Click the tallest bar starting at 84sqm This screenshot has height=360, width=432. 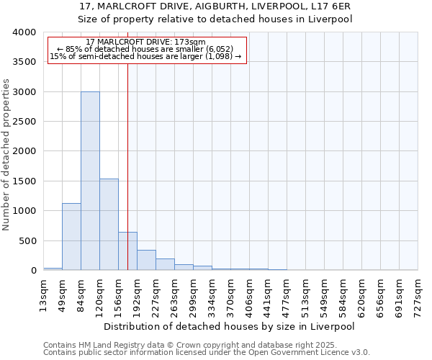click(90, 181)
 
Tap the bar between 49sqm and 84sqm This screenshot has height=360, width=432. click(71, 237)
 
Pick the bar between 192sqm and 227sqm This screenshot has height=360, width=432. click(146, 260)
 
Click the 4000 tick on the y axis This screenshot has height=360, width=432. click(24, 33)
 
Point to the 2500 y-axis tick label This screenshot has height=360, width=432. click(24, 122)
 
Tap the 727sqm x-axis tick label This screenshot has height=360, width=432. click(418, 294)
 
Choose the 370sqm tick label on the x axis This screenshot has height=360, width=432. click(231, 294)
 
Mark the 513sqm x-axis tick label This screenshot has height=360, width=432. click(306, 294)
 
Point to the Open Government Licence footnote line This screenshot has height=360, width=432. click(206, 353)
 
